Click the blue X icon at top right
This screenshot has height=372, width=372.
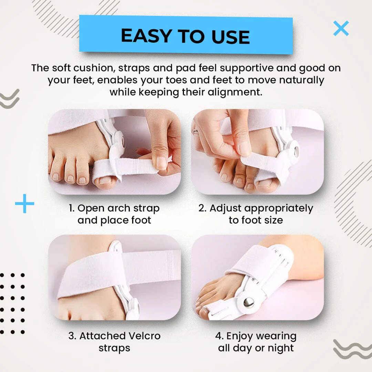(341, 29)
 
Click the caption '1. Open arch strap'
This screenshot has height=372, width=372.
(114, 208)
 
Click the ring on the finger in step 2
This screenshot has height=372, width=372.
(196, 130)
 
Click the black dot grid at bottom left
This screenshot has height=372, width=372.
(12, 303)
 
